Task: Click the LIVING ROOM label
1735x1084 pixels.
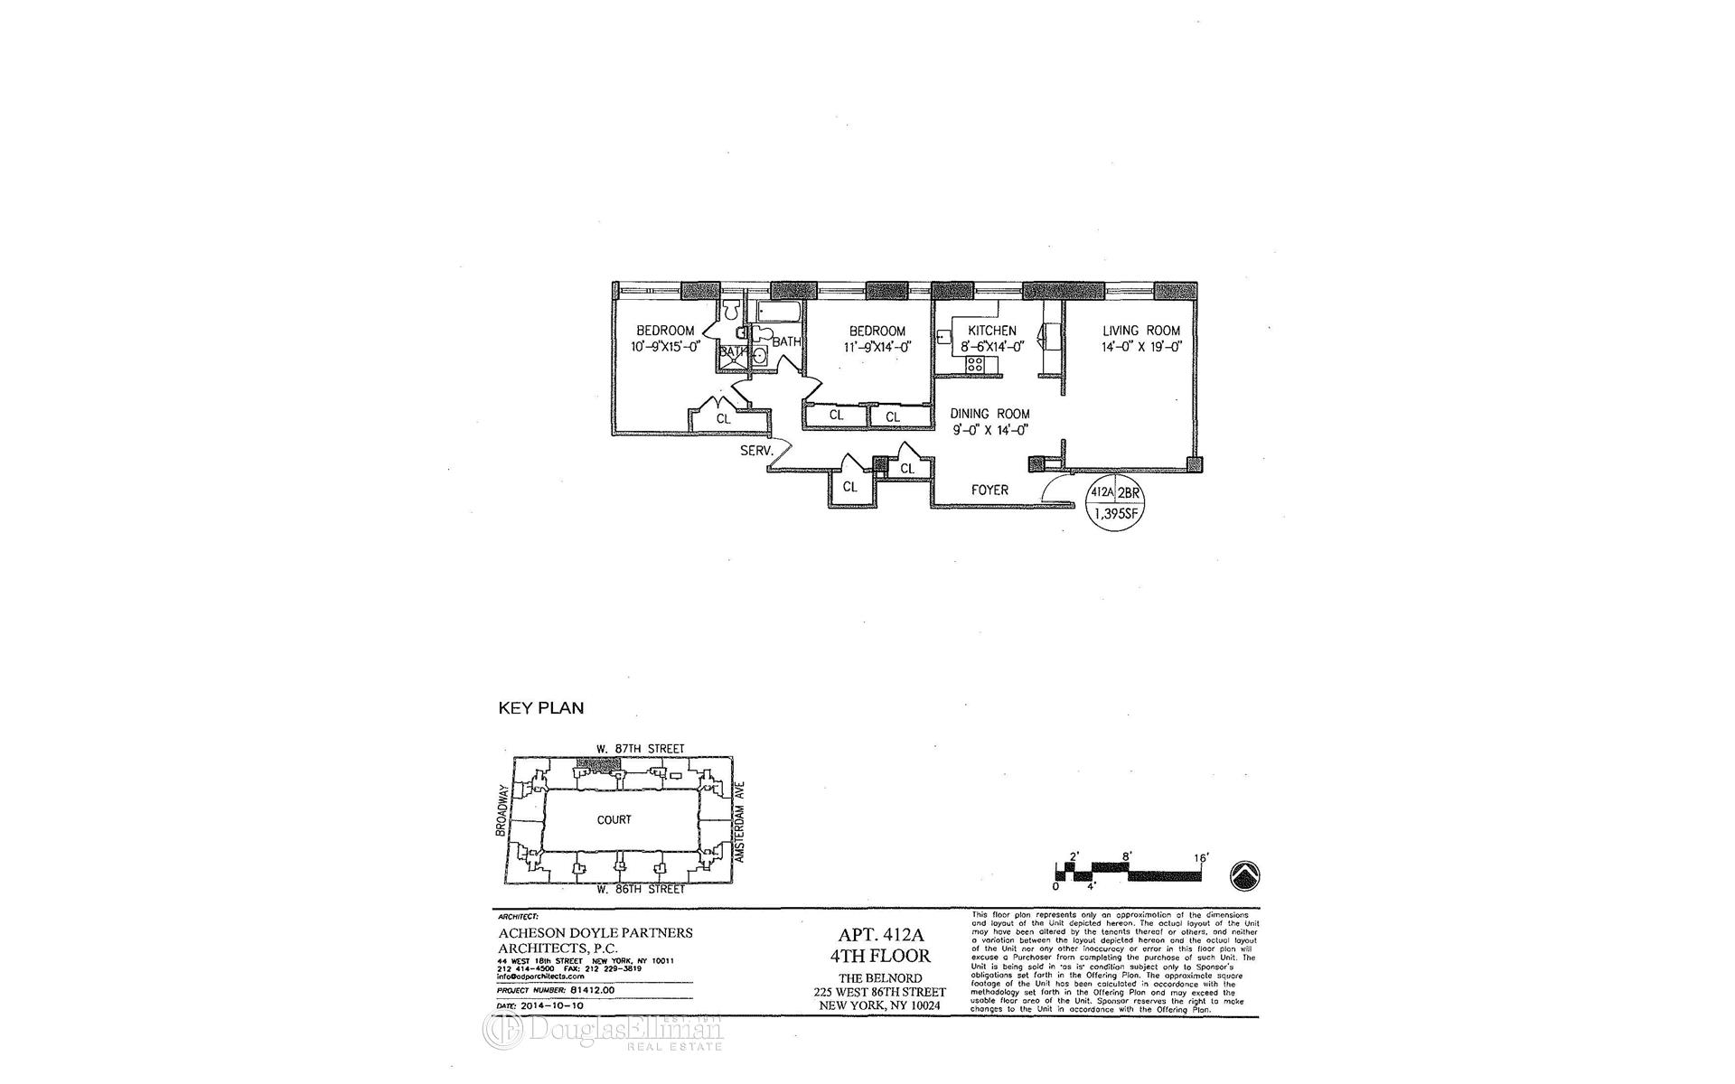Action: [1140, 331]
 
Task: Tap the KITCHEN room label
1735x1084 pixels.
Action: [991, 331]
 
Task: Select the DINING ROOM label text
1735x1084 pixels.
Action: [989, 414]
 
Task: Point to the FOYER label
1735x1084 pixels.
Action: [989, 490]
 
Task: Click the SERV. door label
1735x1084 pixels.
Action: [755, 450]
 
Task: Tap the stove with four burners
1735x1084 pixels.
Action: [975, 365]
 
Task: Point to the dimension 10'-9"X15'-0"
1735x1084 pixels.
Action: [664, 346]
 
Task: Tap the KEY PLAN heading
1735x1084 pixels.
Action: [541, 708]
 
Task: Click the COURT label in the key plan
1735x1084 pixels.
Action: [614, 820]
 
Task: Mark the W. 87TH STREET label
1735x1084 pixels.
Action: [640, 749]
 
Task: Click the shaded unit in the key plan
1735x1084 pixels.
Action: [599, 764]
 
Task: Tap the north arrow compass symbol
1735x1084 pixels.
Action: [1246, 874]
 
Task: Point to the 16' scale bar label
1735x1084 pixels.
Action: [1201, 856]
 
